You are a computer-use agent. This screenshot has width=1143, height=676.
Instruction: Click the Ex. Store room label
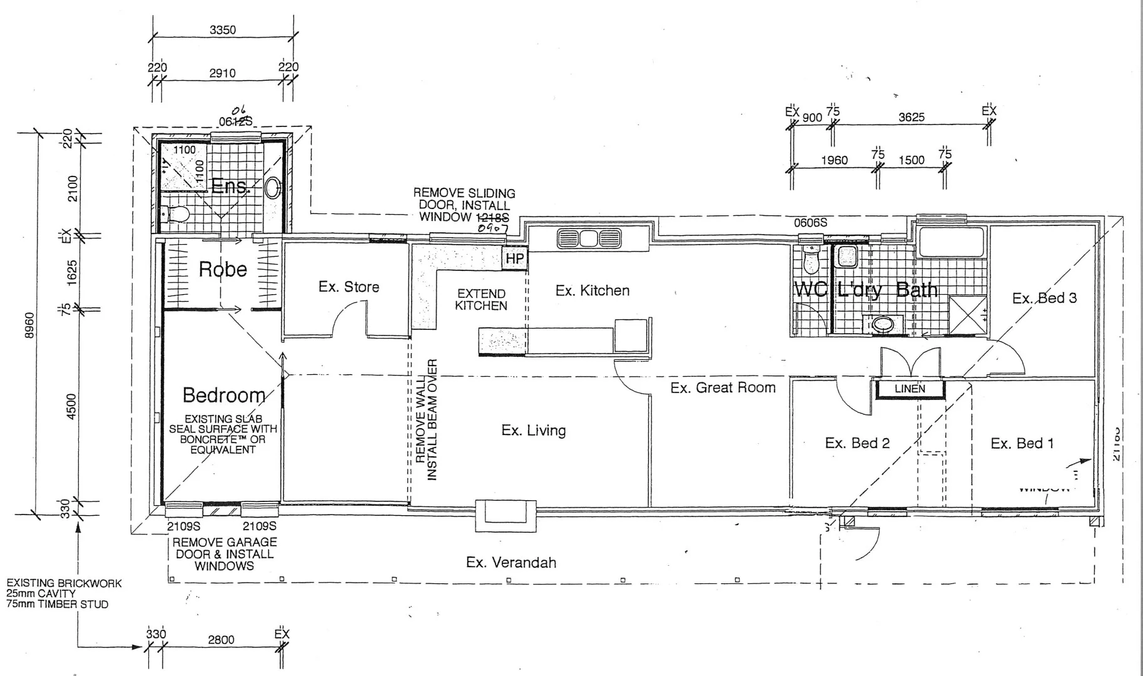(348, 287)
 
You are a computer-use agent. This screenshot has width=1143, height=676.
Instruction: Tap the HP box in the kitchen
(514, 259)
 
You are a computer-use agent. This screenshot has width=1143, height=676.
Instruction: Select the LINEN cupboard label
(910, 389)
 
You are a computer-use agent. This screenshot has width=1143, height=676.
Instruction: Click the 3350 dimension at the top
(222, 30)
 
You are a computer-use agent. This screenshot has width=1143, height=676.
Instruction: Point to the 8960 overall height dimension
(29, 325)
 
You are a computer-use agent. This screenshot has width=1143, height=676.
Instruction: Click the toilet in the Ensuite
(177, 215)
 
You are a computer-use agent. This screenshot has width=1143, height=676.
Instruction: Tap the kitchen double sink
(588, 238)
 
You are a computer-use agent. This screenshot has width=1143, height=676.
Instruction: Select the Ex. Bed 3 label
(1044, 298)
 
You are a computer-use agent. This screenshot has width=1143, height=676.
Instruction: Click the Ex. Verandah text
(511, 562)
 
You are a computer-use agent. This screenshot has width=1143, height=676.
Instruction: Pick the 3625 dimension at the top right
(911, 117)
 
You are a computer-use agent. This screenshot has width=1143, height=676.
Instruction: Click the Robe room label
(223, 269)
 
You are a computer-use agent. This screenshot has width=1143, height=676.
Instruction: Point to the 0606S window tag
(810, 223)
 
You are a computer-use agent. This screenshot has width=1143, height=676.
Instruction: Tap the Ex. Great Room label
(723, 387)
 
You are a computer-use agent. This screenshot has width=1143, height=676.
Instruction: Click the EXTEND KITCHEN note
(480, 299)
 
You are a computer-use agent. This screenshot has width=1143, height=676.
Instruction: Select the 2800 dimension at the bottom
(221, 639)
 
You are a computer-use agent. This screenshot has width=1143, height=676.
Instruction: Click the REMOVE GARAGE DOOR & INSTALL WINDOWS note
(224, 554)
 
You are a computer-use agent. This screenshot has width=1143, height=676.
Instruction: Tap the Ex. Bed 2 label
(856, 443)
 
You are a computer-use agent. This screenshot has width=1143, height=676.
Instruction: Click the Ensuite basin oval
(273, 188)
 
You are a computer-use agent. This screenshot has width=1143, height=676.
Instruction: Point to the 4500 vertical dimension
(71, 406)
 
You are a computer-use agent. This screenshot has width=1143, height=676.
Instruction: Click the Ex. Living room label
(533, 430)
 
